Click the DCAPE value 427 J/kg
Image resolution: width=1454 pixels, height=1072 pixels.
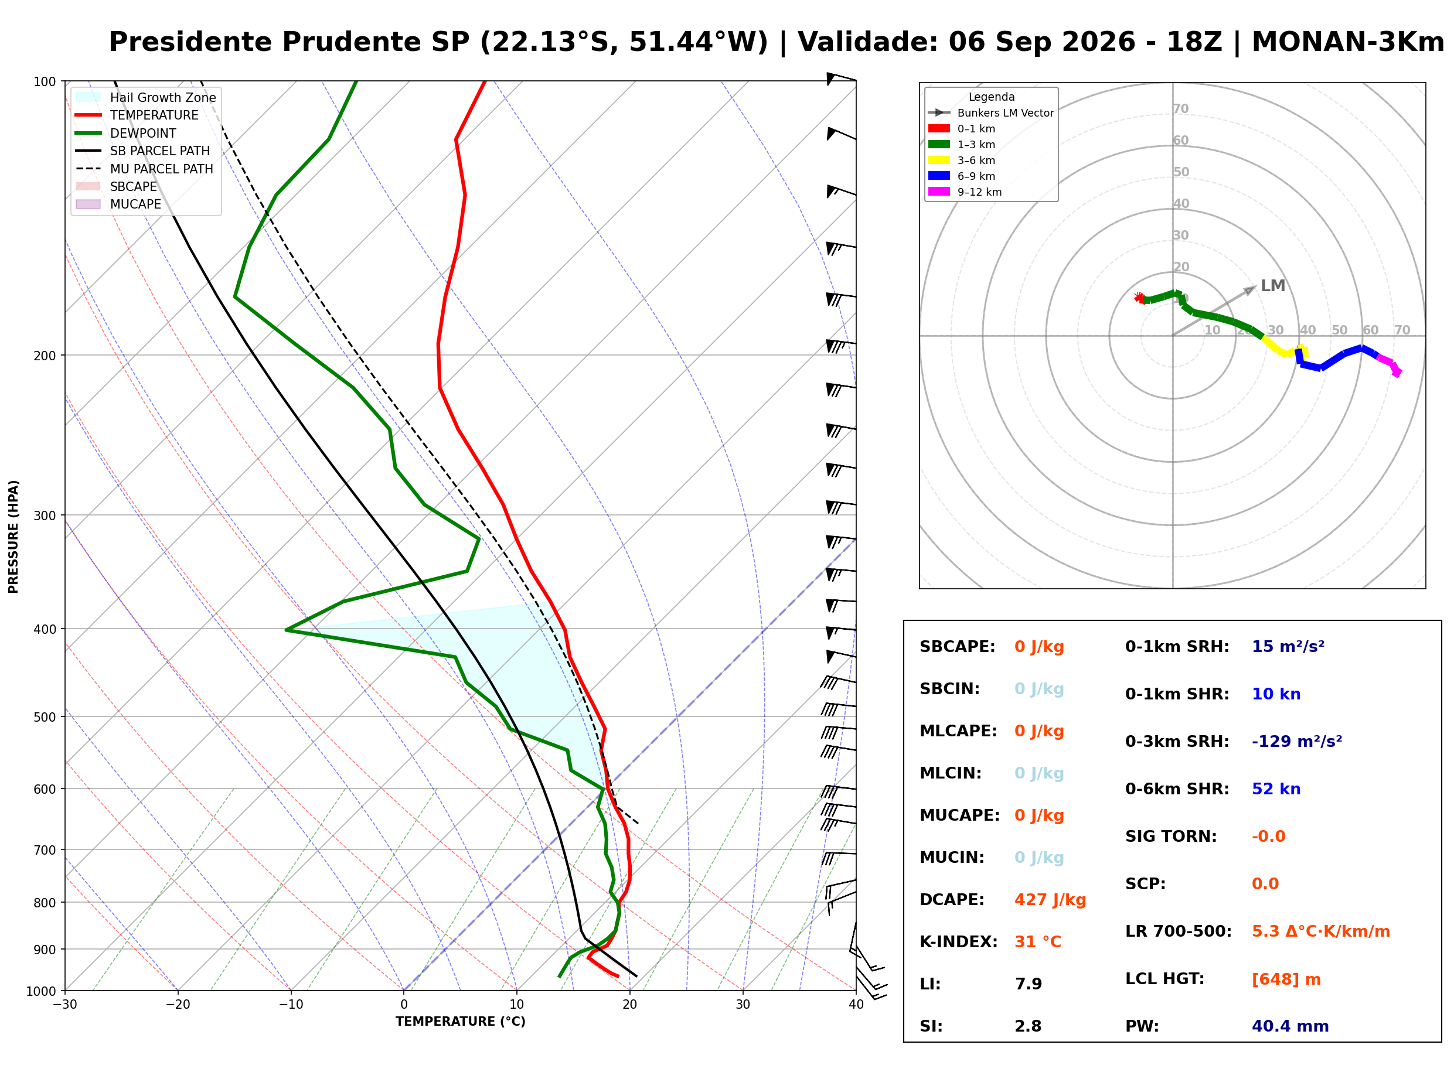[x=1050, y=900]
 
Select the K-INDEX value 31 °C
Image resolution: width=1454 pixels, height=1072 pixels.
[x=1038, y=942]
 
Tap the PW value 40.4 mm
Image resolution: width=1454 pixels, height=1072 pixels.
[x=1290, y=1026]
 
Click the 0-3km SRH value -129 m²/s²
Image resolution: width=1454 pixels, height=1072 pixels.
[x=1296, y=741]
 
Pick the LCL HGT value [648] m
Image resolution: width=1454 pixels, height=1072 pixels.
[x=1286, y=979]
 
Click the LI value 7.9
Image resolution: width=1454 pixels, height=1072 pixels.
[x=1028, y=984]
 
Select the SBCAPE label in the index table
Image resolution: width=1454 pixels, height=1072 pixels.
[x=957, y=647]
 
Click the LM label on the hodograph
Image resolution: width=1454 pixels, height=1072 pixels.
[x=1272, y=285]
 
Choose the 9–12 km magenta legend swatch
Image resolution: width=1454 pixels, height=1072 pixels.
[x=939, y=192]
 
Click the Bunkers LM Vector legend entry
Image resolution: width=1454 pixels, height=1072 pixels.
[x=990, y=113]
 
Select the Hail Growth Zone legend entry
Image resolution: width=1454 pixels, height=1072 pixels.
[x=146, y=97]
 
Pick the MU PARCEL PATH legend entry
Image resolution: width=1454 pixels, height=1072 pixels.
[x=145, y=169]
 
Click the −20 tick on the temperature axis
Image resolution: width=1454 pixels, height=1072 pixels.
[x=177, y=1005]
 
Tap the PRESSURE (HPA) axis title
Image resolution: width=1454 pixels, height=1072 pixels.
[x=13, y=537]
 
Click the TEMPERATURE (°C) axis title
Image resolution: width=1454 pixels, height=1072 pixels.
[x=461, y=1022]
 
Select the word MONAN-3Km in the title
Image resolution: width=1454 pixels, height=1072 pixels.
[x=1347, y=42]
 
